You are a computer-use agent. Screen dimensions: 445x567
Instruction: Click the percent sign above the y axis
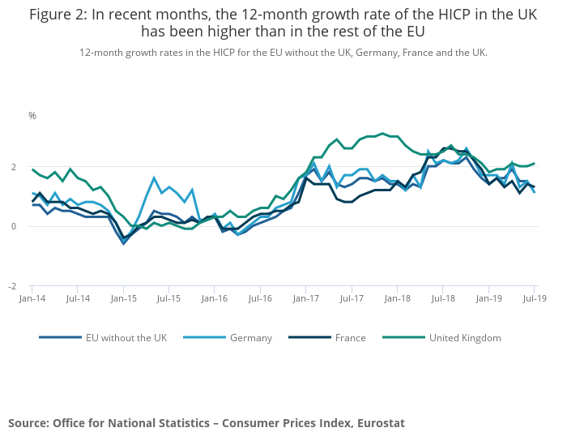32,116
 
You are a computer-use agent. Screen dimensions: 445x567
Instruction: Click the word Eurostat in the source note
376,423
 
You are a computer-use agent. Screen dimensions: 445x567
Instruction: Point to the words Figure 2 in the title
60,15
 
